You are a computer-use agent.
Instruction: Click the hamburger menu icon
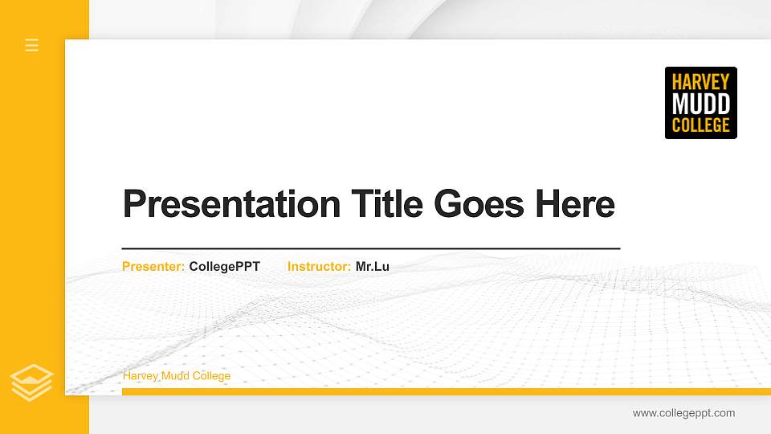pos(32,45)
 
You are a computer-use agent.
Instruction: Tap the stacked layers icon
pos(31,382)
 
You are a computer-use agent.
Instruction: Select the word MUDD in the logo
pos(700,104)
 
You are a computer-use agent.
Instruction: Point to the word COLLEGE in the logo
pos(700,125)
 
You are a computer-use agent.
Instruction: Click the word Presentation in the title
pos(231,204)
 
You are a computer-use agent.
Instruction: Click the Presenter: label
pos(153,266)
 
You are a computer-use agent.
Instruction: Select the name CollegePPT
pos(225,266)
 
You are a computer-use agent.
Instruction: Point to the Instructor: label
pos(319,266)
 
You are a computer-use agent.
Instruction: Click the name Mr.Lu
pos(373,266)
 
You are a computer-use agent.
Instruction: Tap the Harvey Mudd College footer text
pos(177,376)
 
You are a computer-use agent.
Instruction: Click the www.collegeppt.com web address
pos(683,413)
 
